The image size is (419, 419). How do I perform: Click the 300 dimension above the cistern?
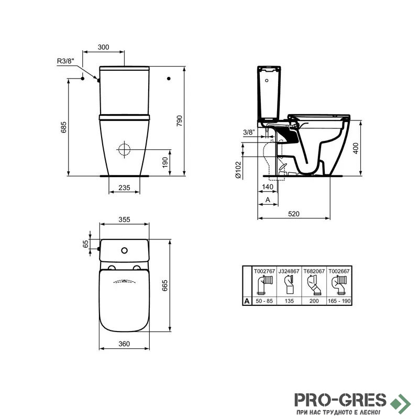[103, 47]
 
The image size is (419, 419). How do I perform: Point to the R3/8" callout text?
[65, 61]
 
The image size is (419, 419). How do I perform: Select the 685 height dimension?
[63, 127]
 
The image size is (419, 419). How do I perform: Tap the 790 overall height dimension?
[179, 121]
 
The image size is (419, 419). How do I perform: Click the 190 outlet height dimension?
[165, 162]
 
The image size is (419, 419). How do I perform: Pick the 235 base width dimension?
[124, 188]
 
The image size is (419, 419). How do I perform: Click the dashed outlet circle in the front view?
[124, 149]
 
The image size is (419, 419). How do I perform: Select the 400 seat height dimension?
[356, 148]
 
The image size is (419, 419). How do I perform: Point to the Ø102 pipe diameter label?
[238, 170]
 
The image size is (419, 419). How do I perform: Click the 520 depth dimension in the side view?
[294, 214]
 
